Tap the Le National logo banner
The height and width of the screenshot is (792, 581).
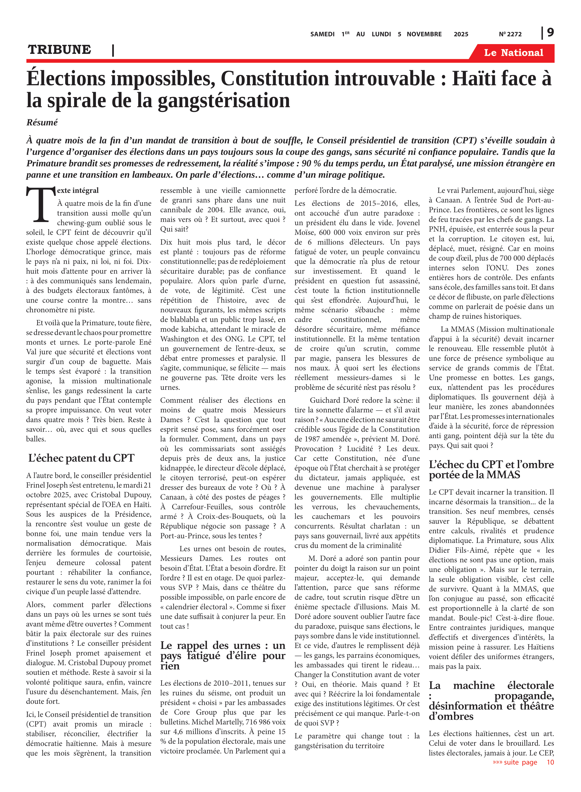[513, 53]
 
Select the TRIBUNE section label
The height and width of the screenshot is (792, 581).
[59, 50]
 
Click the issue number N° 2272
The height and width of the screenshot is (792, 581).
[510, 34]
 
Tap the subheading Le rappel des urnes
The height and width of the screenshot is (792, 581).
[222, 656]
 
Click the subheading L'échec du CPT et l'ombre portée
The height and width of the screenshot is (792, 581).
[491, 470]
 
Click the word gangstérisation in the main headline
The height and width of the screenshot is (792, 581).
[224, 101]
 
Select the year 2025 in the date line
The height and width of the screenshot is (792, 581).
[461, 34]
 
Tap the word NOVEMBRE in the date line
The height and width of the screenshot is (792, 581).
[424, 34]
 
